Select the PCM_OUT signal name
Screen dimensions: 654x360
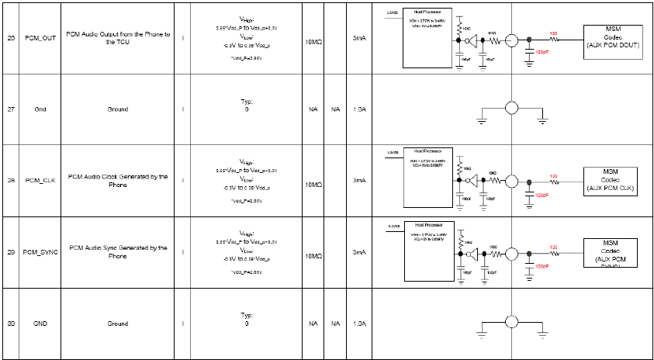[x=40, y=37]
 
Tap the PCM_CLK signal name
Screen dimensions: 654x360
[x=40, y=180]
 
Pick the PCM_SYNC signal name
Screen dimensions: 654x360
[x=40, y=252]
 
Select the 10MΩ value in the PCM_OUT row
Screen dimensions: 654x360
[x=313, y=39]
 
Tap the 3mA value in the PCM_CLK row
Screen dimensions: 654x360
[x=358, y=180]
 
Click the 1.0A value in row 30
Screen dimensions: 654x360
[x=358, y=324]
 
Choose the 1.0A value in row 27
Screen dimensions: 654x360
[x=358, y=109]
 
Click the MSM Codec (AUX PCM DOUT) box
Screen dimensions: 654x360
[x=612, y=38]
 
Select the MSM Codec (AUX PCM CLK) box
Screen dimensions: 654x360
[x=610, y=181]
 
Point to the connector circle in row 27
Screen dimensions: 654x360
[x=512, y=109]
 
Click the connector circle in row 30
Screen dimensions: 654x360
[x=512, y=324]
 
